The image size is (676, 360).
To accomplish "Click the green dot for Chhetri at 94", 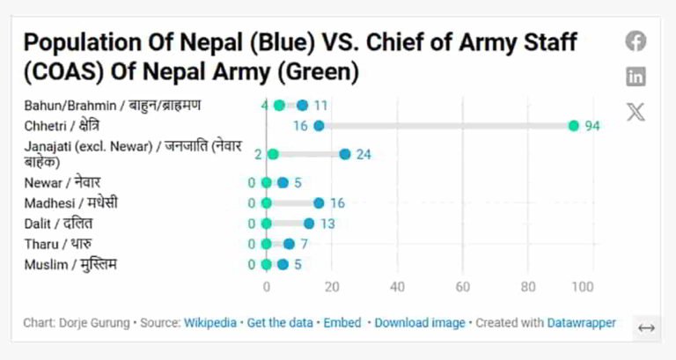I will pyautogui.click(x=574, y=126).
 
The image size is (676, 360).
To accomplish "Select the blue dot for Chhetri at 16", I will pyautogui.click(x=319, y=126).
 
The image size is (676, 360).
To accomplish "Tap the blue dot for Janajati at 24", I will pyautogui.click(x=345, y=154).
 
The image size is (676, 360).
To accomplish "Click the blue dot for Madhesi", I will pyautogui.click(x=319, y=203).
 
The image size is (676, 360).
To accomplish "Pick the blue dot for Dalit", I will pyautogui.click(x=309, y=224).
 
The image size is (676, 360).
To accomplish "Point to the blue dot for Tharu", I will pyautogui.click(x=290, y=244).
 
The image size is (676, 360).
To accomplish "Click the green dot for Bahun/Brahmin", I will pyautogui.click(x=280, y=106).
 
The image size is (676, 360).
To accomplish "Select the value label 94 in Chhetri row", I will pyautogui.click(x=592, y=126).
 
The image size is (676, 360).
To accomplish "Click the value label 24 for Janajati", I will pyautogui.click(x=364, y=154).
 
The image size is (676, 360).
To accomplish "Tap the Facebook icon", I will pyautogui.click(x=636, y=41).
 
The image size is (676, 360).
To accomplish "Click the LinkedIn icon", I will pyautogui.click(x=636, y=77).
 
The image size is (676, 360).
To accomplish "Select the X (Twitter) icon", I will pyautogui.click(x=636, y=112).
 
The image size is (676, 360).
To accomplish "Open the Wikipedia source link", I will pyautogui.click(x=210, y=323).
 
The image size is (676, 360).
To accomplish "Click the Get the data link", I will pyautogui.click(x=280, y=323).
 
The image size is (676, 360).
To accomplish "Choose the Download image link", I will pyautogui.click(x=420, y=323).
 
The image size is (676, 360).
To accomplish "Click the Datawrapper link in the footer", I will pyautogui.click(x=582, y=323).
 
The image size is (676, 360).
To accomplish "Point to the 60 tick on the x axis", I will pyautogui.click(x=463, y=286).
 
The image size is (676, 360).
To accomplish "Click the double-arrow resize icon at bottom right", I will pyautogui.click(x=646, y=328).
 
